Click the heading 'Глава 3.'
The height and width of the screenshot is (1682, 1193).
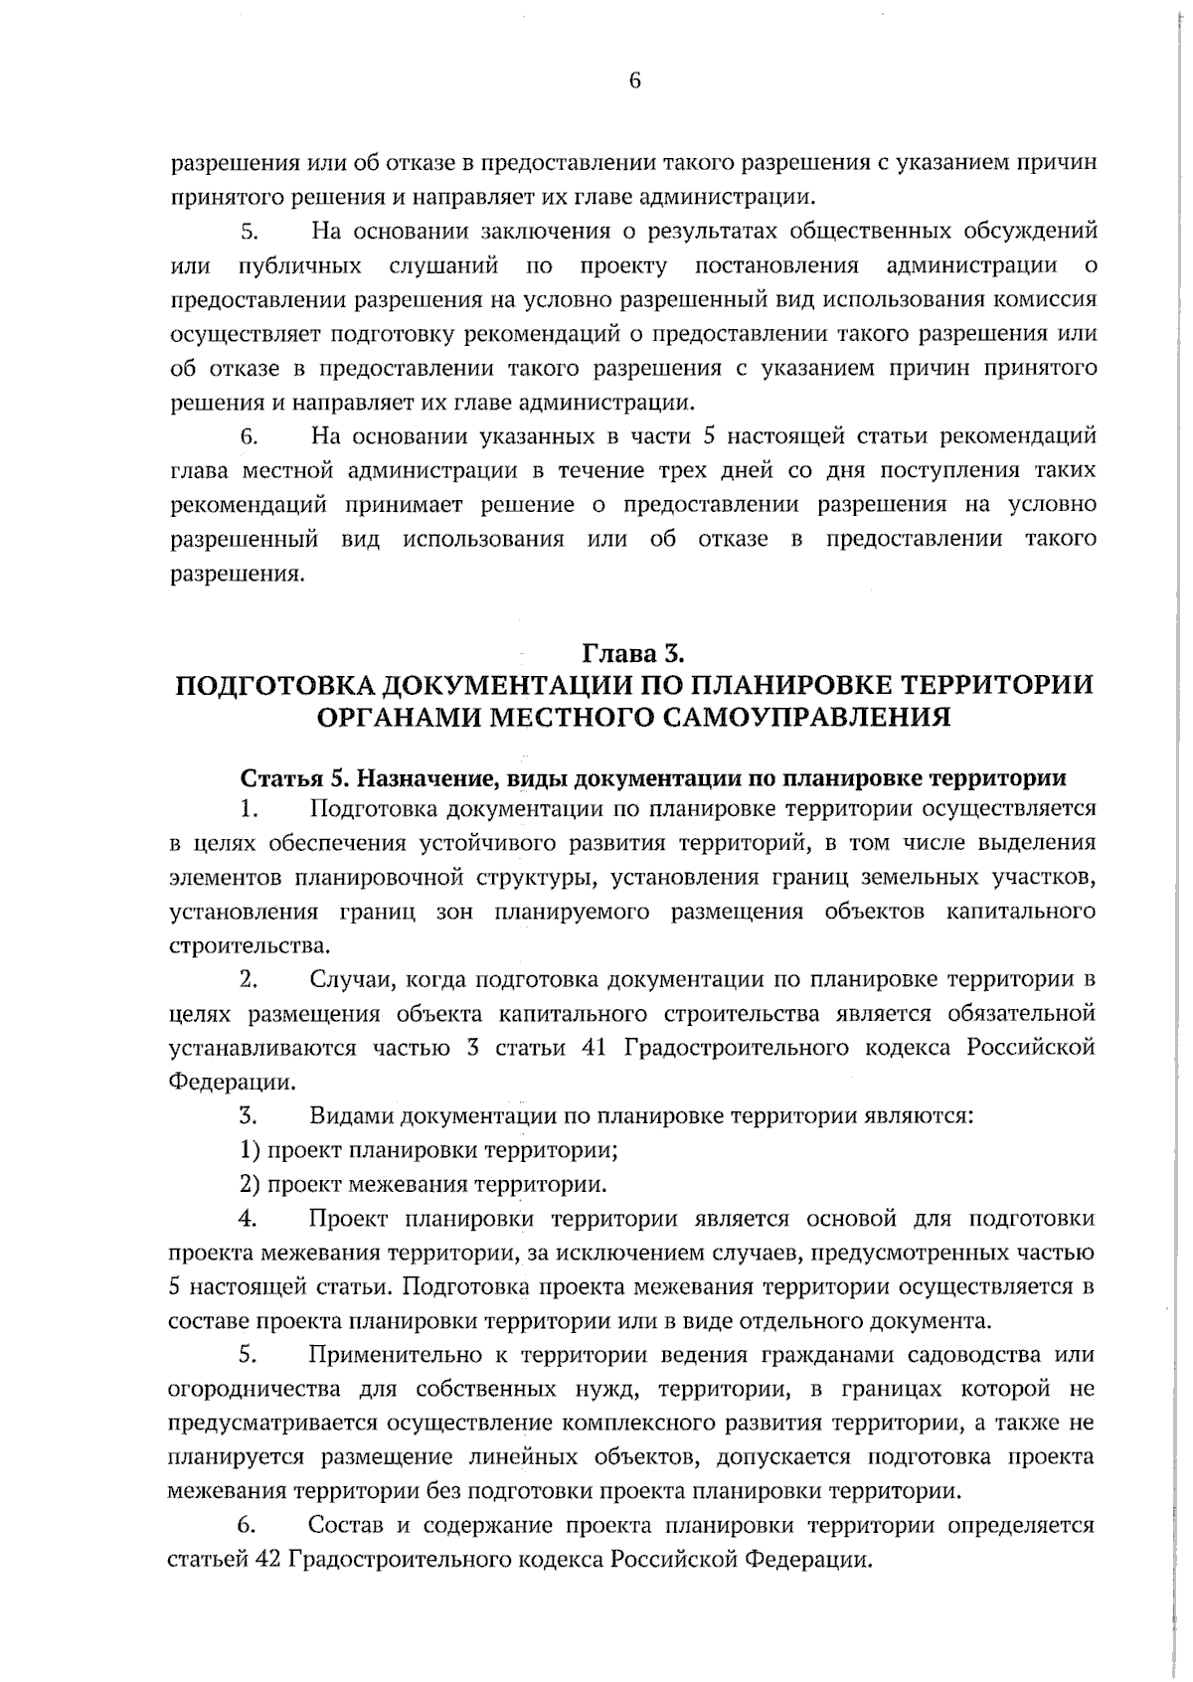[633, 653]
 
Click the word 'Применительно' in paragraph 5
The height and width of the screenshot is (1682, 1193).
[395, 1355]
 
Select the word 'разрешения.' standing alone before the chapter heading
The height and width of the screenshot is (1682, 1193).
[236, 575]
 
